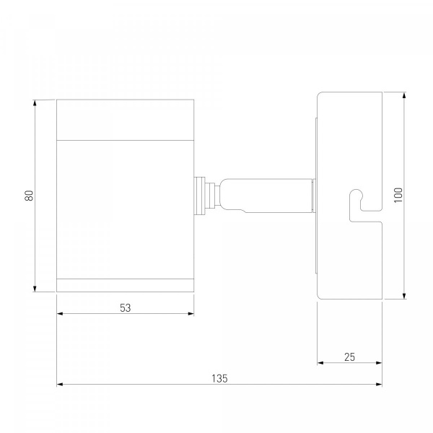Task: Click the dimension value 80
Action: click(x=29, y=196)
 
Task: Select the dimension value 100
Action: click(x=398, y=196)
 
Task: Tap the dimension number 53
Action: click(x=126, y=308)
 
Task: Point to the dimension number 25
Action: click(x=349, y=357)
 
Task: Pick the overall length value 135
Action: click(x=219, y=378)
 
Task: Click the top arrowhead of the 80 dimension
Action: click(x=35, y=102)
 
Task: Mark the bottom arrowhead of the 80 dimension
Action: click(x=35, y=289)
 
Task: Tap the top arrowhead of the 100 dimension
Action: click(x=404, y=95)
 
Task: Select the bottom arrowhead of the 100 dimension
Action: click(x=404, y=296)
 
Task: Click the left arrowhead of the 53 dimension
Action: click(x=60, y=313)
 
